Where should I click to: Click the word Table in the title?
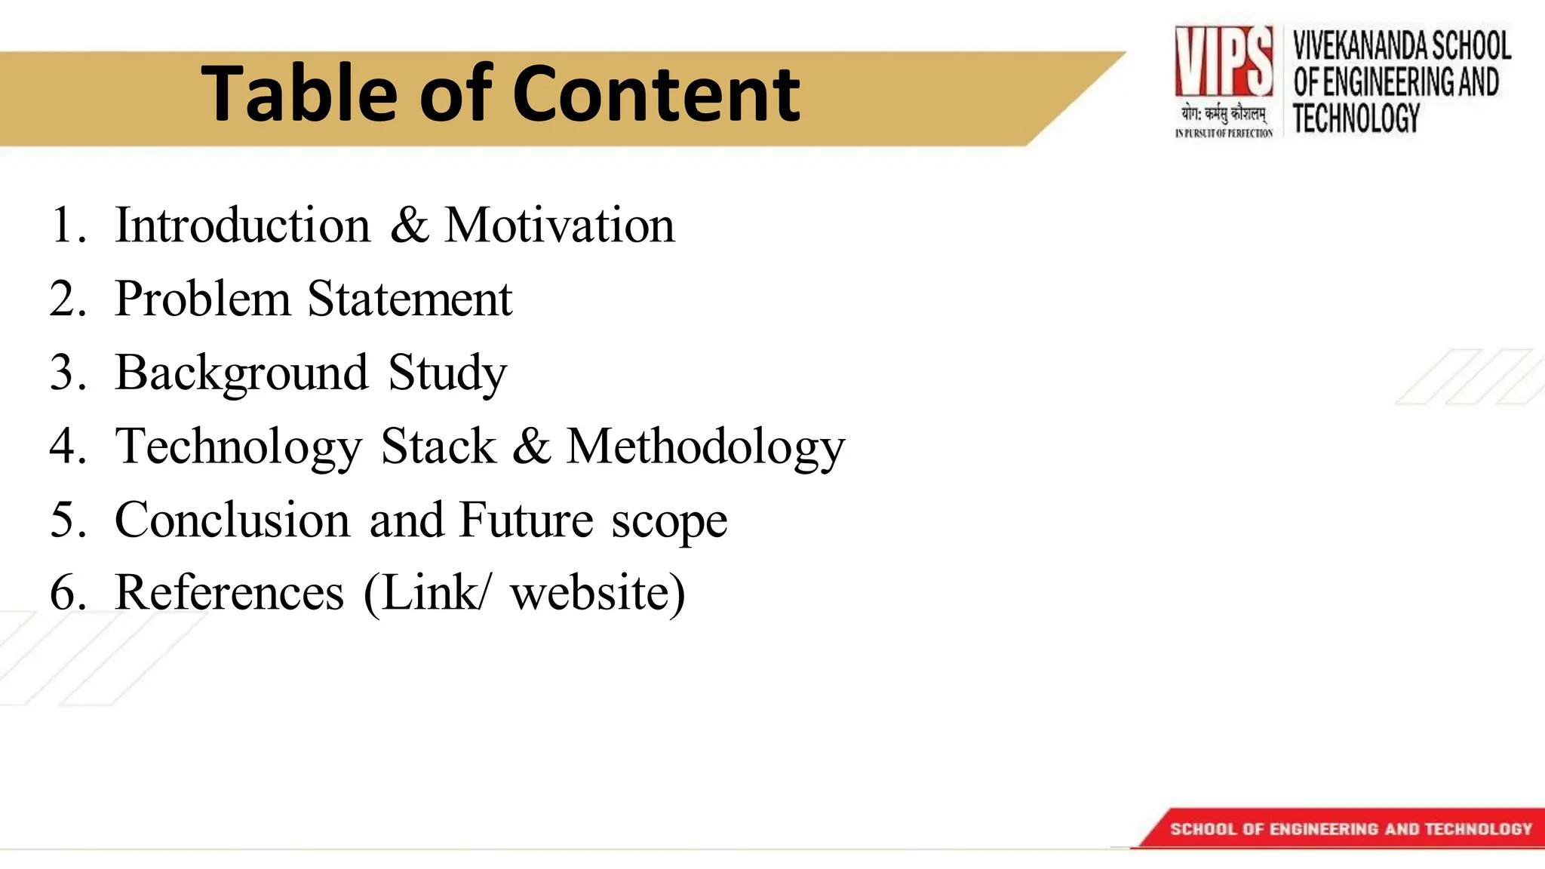(298, 94)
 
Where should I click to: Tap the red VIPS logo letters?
(1223, 61)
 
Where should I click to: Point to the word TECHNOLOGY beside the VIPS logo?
(1356, 118)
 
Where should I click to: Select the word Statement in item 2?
(410, 299)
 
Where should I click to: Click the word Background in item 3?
(241, 373)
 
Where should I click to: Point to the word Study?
(447, 373)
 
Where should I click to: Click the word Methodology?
(705, 447)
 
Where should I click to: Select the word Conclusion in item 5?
(232, 520)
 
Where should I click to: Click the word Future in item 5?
(526, 520)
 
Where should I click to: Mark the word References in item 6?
(229, 592)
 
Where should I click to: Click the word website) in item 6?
(597, 592)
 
